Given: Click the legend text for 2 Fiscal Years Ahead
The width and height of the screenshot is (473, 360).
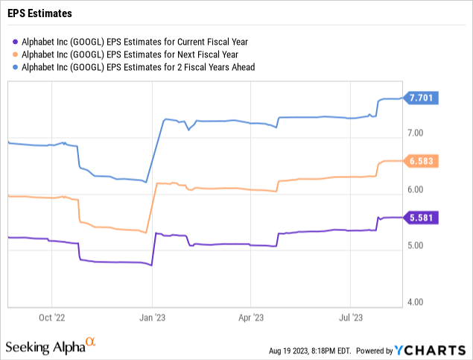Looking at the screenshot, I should click(x=142, y=67).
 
